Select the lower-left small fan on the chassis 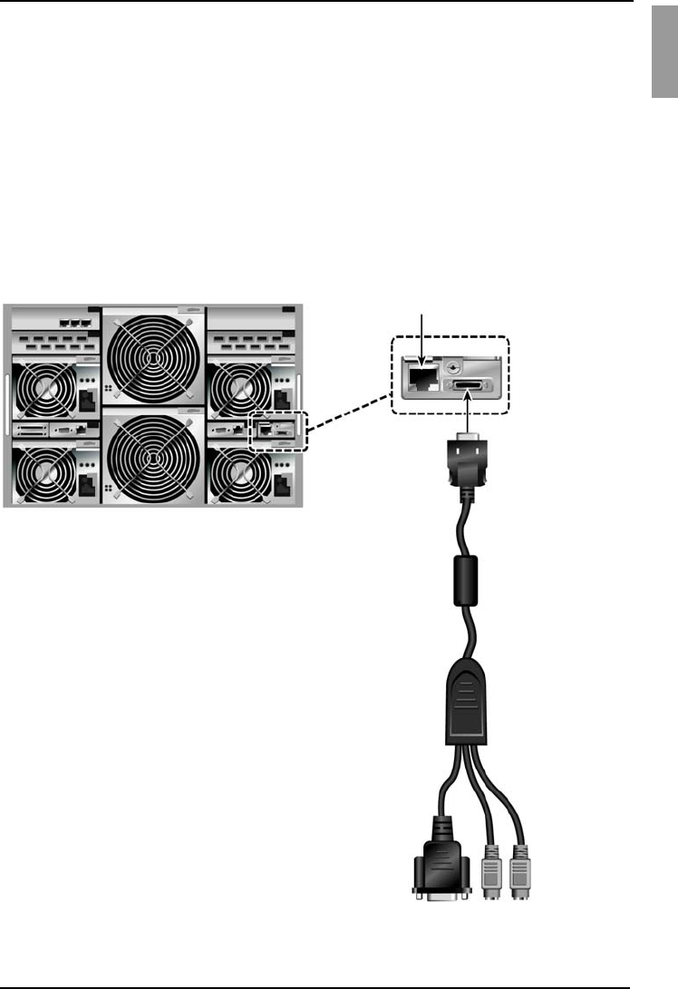(x=43, y=474)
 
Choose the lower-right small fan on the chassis (x=239, y=474)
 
